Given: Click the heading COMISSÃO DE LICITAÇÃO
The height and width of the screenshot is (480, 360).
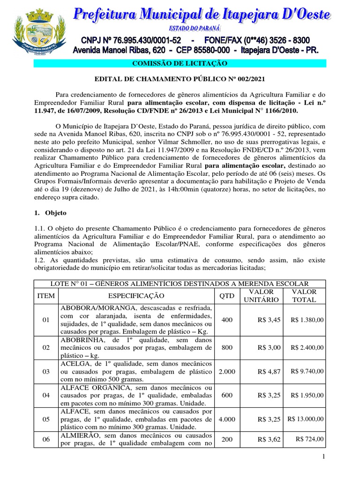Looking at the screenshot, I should coord(180,63).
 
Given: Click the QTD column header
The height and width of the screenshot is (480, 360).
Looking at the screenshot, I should coord(227,296).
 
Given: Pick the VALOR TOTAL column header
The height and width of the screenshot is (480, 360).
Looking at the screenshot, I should coord(304,296).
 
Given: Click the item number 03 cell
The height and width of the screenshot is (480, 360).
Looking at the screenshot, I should coord(46,371).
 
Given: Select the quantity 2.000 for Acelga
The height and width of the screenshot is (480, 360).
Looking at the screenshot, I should coord(227,371).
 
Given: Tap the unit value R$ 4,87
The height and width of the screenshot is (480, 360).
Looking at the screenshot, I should coord(269,371).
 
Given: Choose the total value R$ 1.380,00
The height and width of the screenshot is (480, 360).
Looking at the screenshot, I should coord(307,320).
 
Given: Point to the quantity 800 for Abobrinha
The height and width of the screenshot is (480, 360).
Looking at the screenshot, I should coord(227,347).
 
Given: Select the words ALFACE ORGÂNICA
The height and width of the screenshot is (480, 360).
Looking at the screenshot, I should coord(93,388).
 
